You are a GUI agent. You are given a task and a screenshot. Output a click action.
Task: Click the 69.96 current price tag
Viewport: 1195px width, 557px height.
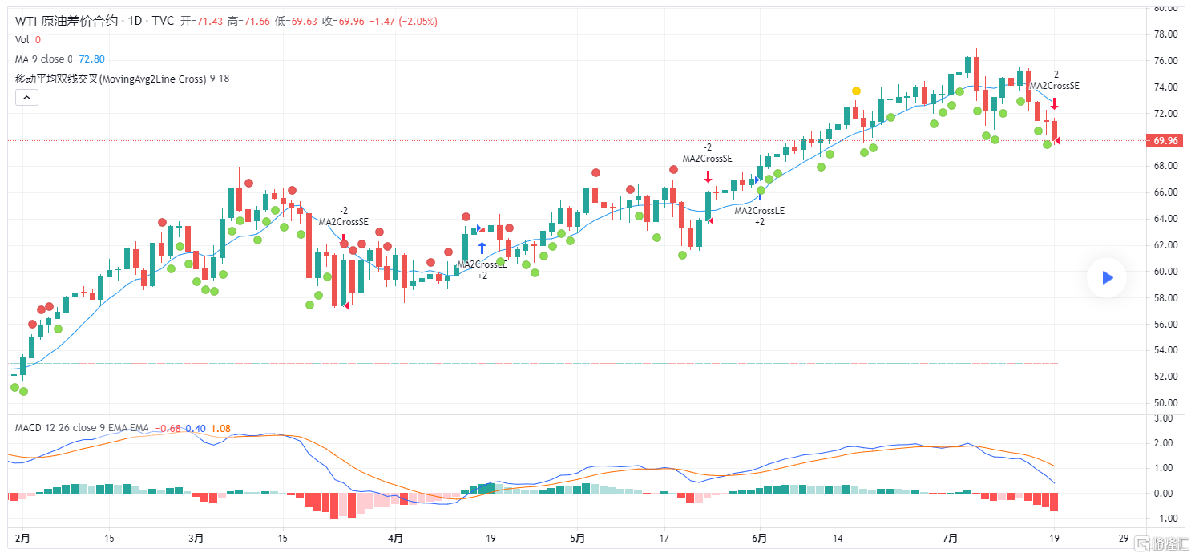point(1165,141)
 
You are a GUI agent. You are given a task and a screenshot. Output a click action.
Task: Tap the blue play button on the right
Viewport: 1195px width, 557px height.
point(1107,277)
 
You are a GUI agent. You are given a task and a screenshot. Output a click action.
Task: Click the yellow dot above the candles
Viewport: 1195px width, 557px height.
point(856,91)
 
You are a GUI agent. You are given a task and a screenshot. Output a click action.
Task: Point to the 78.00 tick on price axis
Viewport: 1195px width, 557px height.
point(1165,34)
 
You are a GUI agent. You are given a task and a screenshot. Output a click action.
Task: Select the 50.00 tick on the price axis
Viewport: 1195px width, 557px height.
point(1165,403)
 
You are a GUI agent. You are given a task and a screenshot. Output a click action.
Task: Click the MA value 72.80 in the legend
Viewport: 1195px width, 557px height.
point(91,59)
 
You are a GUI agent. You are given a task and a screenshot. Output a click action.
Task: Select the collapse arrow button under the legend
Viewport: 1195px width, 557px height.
point(26,97)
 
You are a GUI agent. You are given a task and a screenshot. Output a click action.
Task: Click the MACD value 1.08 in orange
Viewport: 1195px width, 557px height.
point(220,428)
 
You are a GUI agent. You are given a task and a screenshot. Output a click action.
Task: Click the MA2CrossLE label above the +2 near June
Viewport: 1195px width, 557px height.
point(759,211)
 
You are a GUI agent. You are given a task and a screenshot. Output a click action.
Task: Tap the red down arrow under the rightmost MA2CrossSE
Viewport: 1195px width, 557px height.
point(1055,103)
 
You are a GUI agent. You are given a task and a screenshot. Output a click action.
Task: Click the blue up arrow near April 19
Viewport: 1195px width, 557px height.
point(482,248)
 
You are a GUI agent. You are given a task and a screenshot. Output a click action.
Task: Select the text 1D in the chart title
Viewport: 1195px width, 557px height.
point(134,21)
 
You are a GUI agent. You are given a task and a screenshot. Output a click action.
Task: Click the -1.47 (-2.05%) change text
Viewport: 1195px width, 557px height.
point(403,22)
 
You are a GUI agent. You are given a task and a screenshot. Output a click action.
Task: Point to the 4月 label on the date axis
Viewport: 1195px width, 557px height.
point(394,538)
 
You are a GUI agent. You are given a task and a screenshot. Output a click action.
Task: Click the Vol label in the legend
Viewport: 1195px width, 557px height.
point(22,40)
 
